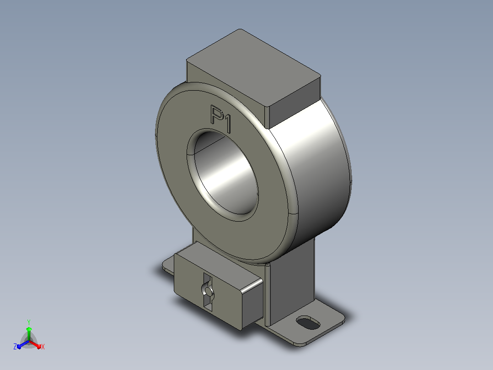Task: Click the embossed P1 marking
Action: point(221,119)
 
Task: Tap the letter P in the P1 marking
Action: point(216,114)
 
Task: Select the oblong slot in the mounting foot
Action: point(308,323)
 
